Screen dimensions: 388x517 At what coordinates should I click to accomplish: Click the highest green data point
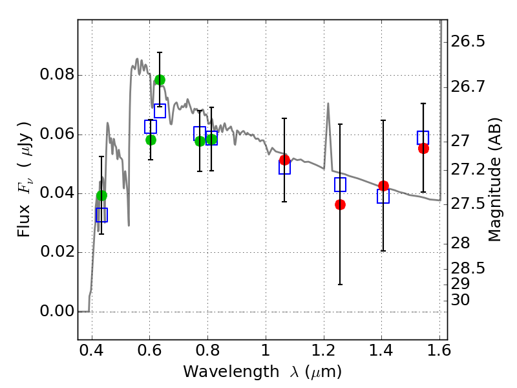pyautogui.click(x=160, y=80)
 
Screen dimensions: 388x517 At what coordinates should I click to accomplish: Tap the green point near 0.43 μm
pyautogui.click(x=101, y=195)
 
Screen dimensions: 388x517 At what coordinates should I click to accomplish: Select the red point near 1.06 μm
pyautogui.click(x=284, y=160)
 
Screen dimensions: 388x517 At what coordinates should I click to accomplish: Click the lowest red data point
pyautogui.click(x=340, y=204)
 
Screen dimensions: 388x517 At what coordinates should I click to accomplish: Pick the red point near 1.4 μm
pyautogui.click(x=383, y=186)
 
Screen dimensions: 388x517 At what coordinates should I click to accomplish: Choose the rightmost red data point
pyautogui.click(x=423, y=148)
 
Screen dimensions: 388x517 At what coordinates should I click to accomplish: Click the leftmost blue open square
pyautogui.click(x=101, y=215)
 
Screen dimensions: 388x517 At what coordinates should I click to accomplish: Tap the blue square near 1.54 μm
pyautogui.click(x=423, y=137)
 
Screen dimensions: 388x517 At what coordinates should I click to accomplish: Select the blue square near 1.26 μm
pyautogui.click(x=340, y=184)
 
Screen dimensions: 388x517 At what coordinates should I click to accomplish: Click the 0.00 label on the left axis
pyautogui.click(x=56, y=312)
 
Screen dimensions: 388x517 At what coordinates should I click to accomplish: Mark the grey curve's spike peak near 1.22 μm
pyautogui.click(x=328, y=103)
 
